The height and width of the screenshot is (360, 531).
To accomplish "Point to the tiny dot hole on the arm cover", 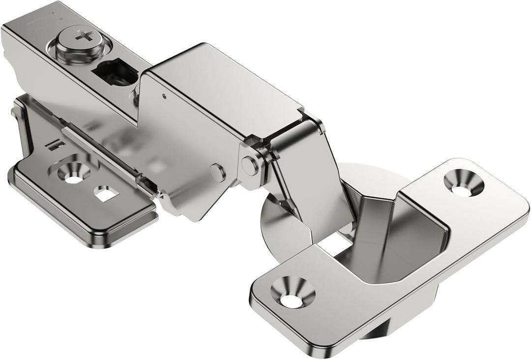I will [164, 96].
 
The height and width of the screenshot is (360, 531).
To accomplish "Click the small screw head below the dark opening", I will [134, 97].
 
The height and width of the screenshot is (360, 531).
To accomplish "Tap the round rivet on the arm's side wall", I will [217, 172].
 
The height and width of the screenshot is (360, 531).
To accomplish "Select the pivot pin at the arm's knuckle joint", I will [250, 166].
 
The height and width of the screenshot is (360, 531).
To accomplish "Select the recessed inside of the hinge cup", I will [393, 246].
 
